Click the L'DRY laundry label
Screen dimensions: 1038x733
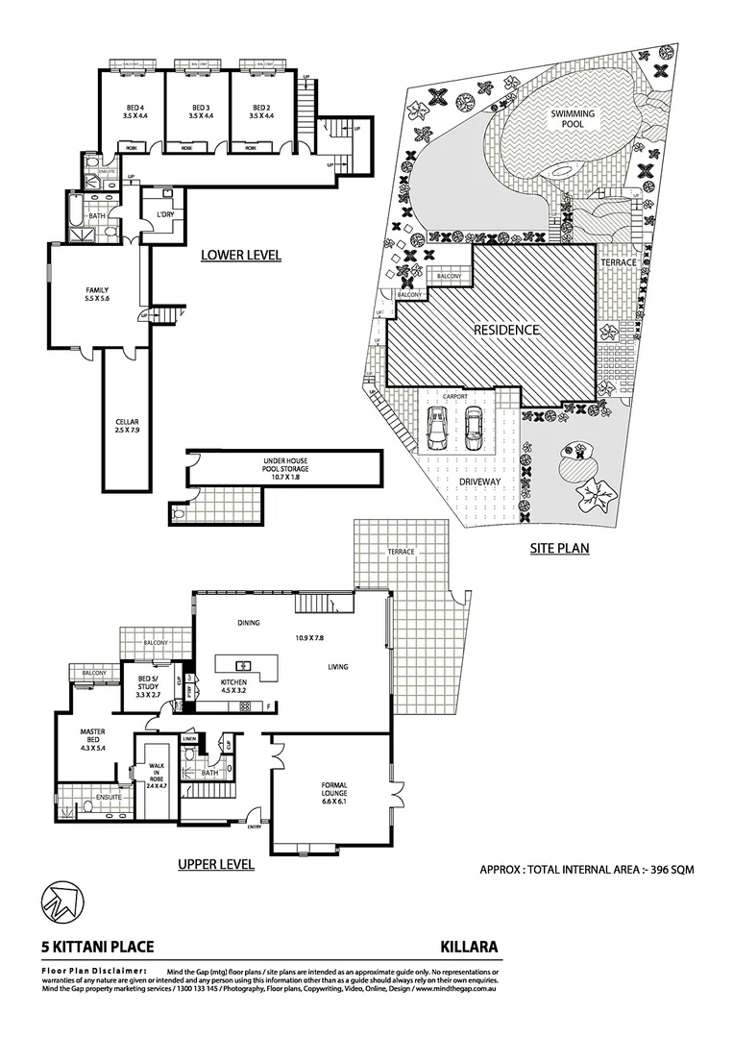coord(159,214)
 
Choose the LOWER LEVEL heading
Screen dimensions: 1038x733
coord(240,256)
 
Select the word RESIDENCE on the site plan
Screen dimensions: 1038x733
coord(505,330)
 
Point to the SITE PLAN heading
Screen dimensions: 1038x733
coord(559,549)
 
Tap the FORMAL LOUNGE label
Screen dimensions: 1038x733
coord(333,791)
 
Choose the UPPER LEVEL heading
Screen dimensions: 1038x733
coord(216,865)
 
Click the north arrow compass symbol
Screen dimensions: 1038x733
coord(60,902)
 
